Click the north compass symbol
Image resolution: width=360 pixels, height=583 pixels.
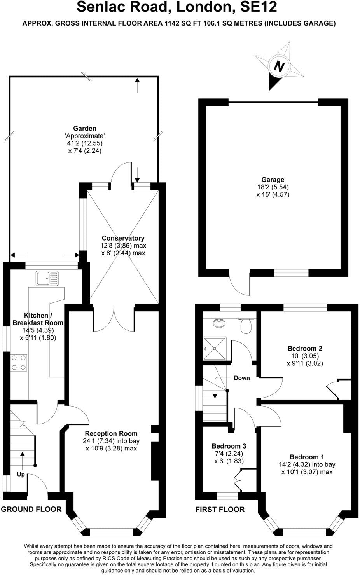click(x=279, y=66)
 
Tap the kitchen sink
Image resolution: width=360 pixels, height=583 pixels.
click(x=47, y=278)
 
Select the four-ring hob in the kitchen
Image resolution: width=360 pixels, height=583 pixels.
click(x=19, y=362)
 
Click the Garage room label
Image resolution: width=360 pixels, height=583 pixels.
click(x=273, y=180)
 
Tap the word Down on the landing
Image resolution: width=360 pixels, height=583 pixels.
click(x=241, y=378)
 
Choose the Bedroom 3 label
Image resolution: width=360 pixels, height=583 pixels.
click(x=229, y=446)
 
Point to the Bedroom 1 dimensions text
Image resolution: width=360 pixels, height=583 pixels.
click(x=307, y=468)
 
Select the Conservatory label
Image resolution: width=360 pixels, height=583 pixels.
click(x=123, y=238)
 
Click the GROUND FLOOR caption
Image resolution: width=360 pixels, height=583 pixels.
click(x=31, y=509)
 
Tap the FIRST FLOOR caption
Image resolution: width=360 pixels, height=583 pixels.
click(x=220, y=509)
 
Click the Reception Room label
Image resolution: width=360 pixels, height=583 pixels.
click(x=111, y=433)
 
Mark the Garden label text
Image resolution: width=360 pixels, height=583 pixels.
click(x=84, y=128)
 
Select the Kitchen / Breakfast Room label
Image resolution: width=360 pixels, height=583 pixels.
click(x=38, y=319)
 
